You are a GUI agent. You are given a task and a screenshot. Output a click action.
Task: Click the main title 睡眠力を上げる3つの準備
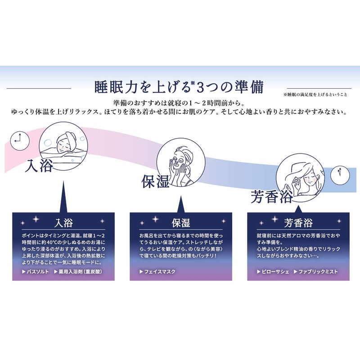coord(179,87)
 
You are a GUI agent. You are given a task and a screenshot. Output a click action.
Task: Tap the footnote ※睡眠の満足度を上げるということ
coord(315,94)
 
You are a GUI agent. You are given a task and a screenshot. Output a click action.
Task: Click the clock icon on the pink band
coord(20,140)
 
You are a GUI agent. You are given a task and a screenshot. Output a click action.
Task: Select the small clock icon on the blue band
coord(340,175)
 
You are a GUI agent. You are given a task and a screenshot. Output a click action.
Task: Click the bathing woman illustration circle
coord(63,146)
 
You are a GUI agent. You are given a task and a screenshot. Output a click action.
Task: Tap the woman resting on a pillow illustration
coord(300,178)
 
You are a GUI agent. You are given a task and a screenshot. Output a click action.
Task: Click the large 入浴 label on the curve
coord(39,165)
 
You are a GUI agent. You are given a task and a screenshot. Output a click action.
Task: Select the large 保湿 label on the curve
coord(155,181)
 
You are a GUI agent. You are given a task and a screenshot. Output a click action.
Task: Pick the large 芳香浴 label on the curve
coord(272,197)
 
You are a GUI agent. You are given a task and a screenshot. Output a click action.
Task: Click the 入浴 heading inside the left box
coord(63,223)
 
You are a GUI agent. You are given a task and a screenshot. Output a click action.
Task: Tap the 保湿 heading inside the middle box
coord(181,223)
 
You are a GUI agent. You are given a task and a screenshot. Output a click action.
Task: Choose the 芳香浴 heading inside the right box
coord(298,223)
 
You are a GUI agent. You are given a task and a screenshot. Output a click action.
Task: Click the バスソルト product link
coord(36,272)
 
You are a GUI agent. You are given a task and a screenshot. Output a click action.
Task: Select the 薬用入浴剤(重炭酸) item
coord(78,272)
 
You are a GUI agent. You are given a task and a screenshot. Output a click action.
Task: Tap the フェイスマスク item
coord(157,272)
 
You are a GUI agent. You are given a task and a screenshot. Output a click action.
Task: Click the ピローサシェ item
coord(273,272)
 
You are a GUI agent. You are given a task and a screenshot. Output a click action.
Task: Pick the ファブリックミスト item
coord(316,272)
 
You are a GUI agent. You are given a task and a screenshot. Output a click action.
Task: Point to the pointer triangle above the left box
coord(63,197)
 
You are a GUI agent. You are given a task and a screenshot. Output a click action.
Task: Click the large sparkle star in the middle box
coord(155,219)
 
